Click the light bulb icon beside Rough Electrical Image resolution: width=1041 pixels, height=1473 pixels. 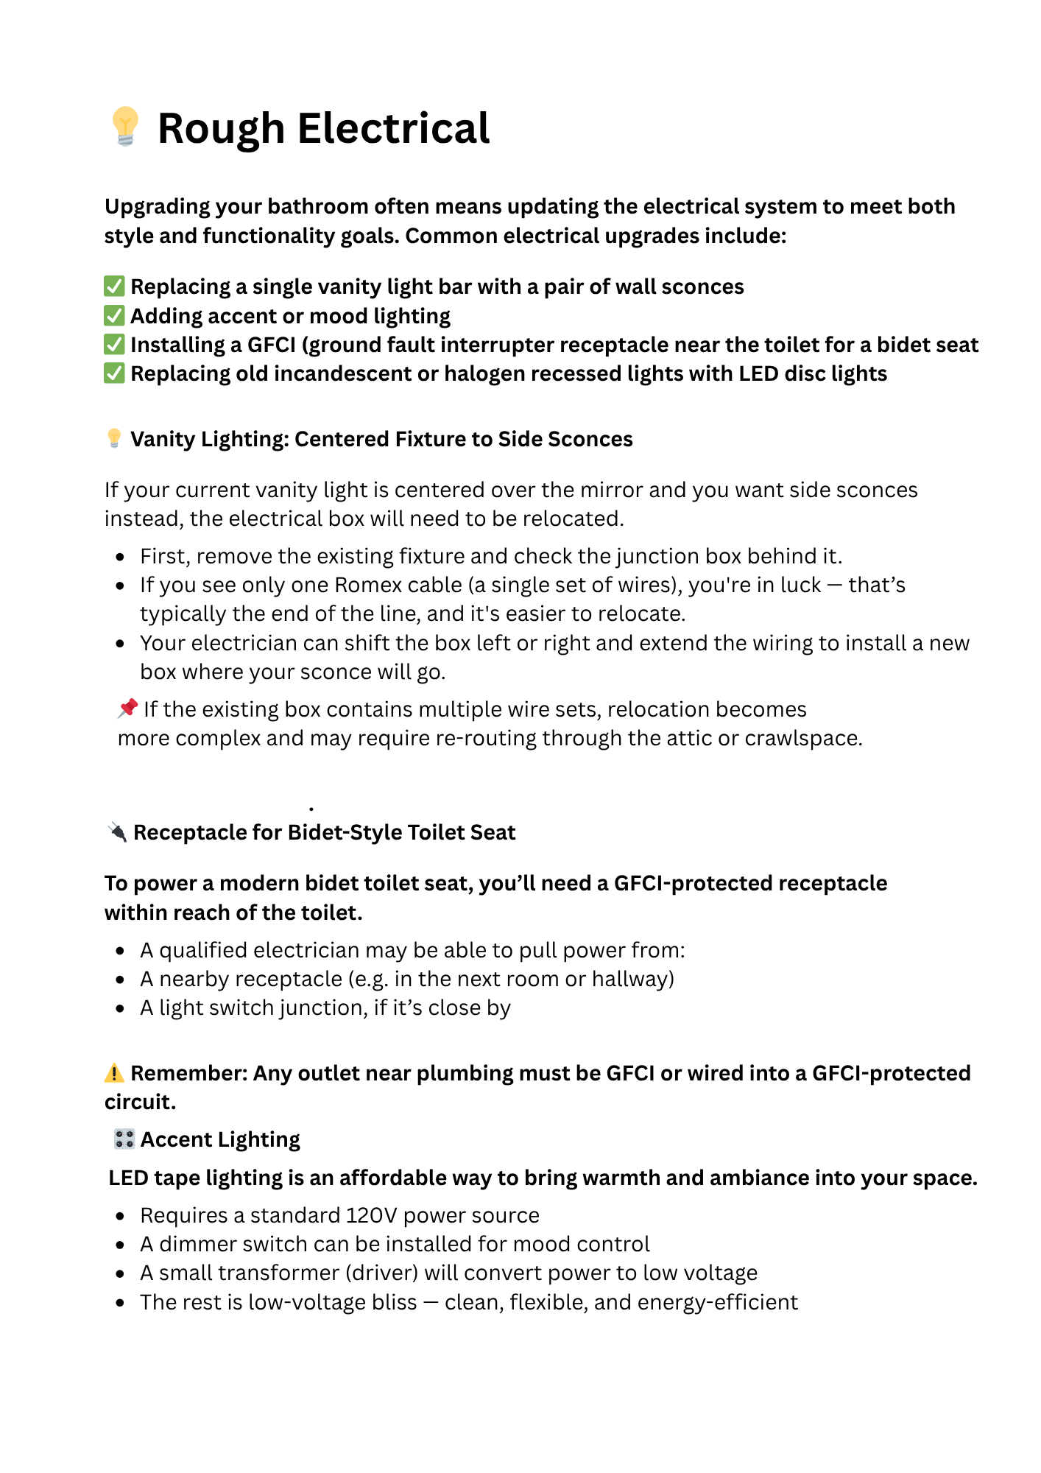[125, 126]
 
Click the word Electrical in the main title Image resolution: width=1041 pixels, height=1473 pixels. [393, 129]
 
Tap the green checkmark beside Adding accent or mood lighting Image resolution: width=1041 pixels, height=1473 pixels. [114, 316]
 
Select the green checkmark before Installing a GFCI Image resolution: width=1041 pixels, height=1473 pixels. [114, 345]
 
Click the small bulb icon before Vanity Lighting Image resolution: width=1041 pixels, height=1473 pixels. [114, 438]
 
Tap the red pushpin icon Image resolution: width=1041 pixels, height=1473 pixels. [128, 708]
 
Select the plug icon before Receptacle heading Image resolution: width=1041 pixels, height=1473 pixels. [116, 832]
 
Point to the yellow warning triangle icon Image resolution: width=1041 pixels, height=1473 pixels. [114, 1073]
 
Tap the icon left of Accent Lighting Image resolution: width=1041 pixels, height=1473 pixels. [124, 1139]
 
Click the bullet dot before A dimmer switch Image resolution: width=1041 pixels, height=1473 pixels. [120, 1245]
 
